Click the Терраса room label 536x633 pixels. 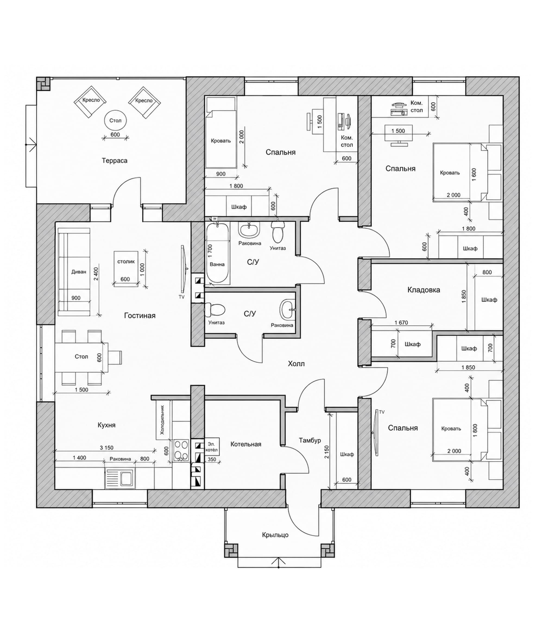pos(115,161)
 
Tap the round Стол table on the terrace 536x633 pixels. pos(115,120)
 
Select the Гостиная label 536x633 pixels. pos(140,316)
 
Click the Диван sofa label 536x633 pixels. pos(79,272)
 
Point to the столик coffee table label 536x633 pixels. pos(126,261)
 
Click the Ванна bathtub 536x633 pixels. pos(217,253)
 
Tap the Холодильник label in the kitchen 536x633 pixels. pos(162,420)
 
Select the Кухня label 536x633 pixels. pos(107,425)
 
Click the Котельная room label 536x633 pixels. pos(246,444)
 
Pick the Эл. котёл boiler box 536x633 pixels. pos(212,447)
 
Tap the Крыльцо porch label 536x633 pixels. pos(275,535)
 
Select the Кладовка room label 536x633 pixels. pos(424,290)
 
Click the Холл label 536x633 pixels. pos(296,363)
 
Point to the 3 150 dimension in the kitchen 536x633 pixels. pos(106,447)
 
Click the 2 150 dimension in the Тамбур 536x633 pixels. pos(327,452)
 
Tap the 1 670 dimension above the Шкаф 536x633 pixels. pos(401,322)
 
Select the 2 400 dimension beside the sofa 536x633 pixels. pos(96,274)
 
